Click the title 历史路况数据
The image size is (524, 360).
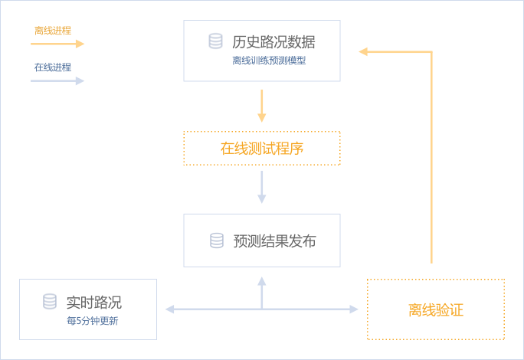[x=273, y=42]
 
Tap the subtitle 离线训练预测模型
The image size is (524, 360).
[x=269, y=61]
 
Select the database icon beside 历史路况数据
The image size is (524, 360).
[x=216, y=41]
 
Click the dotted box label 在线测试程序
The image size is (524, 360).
[x=262, y=149]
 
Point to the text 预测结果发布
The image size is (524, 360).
[x=274, y=241]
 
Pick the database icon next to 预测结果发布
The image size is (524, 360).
[x=217, y=241]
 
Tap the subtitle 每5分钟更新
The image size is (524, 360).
[x=92, y=321]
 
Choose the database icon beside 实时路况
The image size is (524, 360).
[x=50, y=302]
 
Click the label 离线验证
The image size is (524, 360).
[x=436, y=310]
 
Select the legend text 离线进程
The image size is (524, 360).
[x=53, y=31]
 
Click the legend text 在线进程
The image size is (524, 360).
[x=53, y=67]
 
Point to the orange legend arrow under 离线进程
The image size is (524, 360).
[x=57, y=44]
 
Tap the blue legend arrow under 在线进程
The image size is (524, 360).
[x=57, y=80]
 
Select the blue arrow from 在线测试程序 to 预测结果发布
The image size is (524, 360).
[x=262, y=187]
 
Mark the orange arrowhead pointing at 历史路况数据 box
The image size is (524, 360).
[x=364, y=51]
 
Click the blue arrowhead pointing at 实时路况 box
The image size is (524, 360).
[x=169, y=309]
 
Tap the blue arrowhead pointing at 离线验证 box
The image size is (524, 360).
[x=354, y=309]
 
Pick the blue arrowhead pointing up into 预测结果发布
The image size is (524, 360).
[x=262, y=281]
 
